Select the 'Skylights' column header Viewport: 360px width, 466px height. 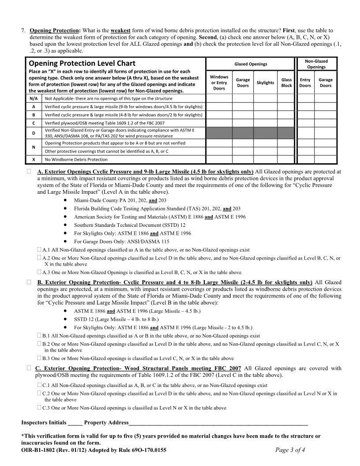point(265,83)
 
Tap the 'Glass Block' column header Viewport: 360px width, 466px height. point(286,83)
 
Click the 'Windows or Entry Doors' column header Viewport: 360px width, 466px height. point(219,83)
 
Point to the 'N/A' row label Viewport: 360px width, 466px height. point(34,99)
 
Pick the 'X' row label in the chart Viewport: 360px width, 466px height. point(34,159)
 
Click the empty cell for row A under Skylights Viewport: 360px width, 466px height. point(265,107)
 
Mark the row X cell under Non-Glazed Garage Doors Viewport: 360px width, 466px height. point(326,159)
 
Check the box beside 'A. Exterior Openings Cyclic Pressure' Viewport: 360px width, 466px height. point(29,172)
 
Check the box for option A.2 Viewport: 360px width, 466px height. point(39,257)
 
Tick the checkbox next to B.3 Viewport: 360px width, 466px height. point(39,358)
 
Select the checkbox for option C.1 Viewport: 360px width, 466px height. point(39,385)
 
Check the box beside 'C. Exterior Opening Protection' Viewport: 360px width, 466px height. point(29,368)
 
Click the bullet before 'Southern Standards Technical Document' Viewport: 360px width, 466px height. point(65,225)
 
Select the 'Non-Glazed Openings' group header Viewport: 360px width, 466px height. point(316,64)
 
